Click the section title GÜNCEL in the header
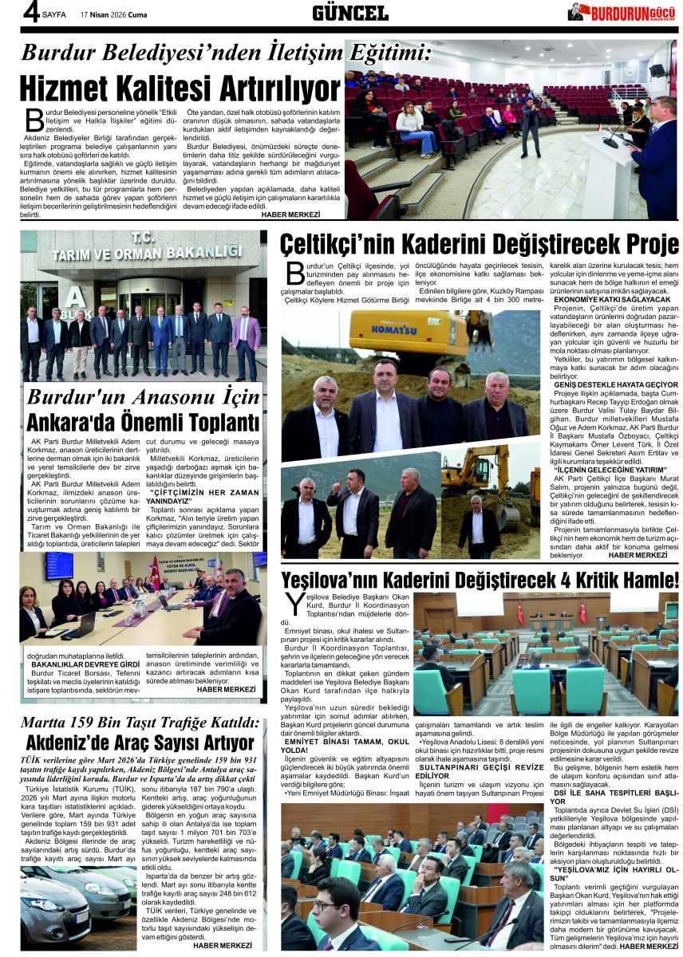tap(350, 13)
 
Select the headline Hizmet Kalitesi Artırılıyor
tap(180, 88)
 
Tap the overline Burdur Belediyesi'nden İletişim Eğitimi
tap(226, 53)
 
